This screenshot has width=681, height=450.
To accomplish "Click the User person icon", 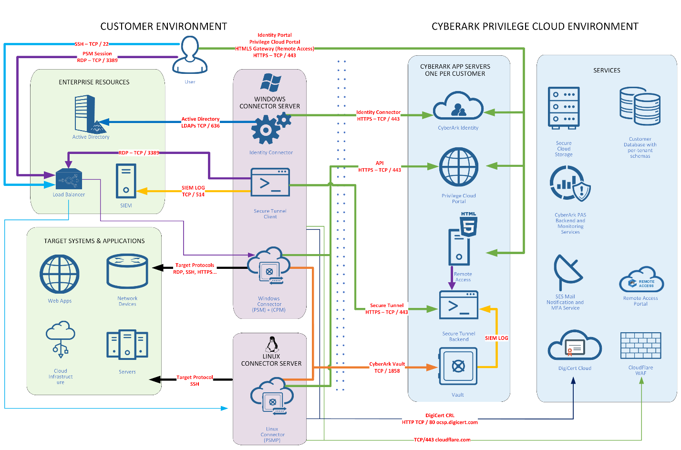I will (190, 55).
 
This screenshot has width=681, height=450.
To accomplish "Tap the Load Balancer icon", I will (69, 179).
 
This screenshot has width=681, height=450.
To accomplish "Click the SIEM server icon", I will (126, 181).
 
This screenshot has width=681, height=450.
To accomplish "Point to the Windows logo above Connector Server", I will (270, 82).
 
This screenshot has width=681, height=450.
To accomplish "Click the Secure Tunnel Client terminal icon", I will (270, 182).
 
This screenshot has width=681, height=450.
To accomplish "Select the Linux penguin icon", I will (271, 344).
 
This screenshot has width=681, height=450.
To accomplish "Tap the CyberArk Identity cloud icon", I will (458, 106).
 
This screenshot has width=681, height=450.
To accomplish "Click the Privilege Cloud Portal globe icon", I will (459, 167).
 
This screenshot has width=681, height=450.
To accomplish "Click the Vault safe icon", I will (458, 366).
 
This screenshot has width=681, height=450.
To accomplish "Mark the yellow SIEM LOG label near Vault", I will (496, 338).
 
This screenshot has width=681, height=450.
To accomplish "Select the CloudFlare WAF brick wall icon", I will (640, 346).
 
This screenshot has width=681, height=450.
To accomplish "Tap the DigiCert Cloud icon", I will (574, 346).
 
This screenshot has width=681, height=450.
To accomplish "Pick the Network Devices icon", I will (127, 272).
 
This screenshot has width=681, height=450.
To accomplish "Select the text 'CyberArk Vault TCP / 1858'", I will (387, 367).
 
